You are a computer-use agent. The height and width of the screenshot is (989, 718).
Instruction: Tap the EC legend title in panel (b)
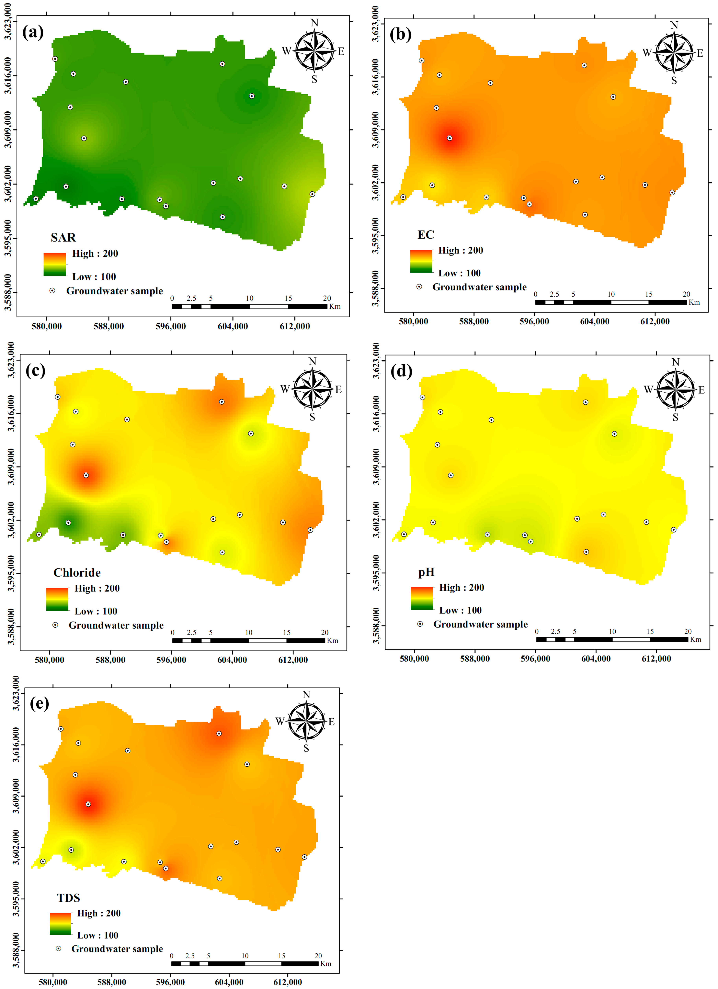[426, 235]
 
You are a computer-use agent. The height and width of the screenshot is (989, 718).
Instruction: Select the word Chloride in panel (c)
[77, 573]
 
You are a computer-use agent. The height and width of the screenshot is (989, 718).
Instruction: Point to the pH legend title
[426, 572]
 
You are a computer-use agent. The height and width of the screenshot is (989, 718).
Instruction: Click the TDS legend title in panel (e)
[68, 898]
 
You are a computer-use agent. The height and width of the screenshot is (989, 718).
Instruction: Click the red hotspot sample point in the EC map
[450, 138]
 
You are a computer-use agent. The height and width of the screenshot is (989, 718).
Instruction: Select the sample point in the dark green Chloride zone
[68, 523]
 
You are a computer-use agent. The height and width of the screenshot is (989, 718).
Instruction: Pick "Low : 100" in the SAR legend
[94, 276]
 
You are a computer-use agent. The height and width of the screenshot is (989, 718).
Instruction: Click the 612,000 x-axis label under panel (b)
[655, 321]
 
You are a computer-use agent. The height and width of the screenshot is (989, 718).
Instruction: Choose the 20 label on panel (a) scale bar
[327, 298]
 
